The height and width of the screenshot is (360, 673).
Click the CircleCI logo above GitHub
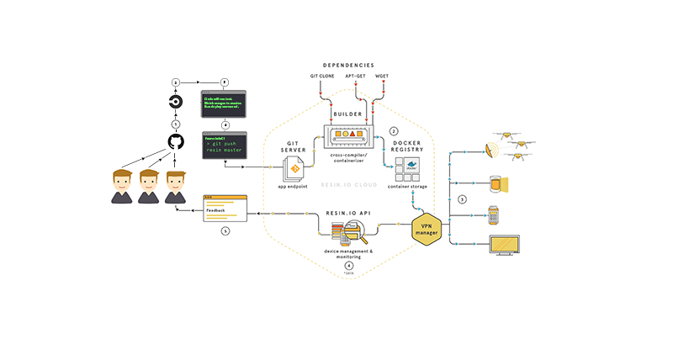(x=176, y=103)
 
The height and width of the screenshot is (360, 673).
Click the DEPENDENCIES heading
(x=349, y=64)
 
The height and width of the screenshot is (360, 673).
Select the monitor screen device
(x=505, y=246)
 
